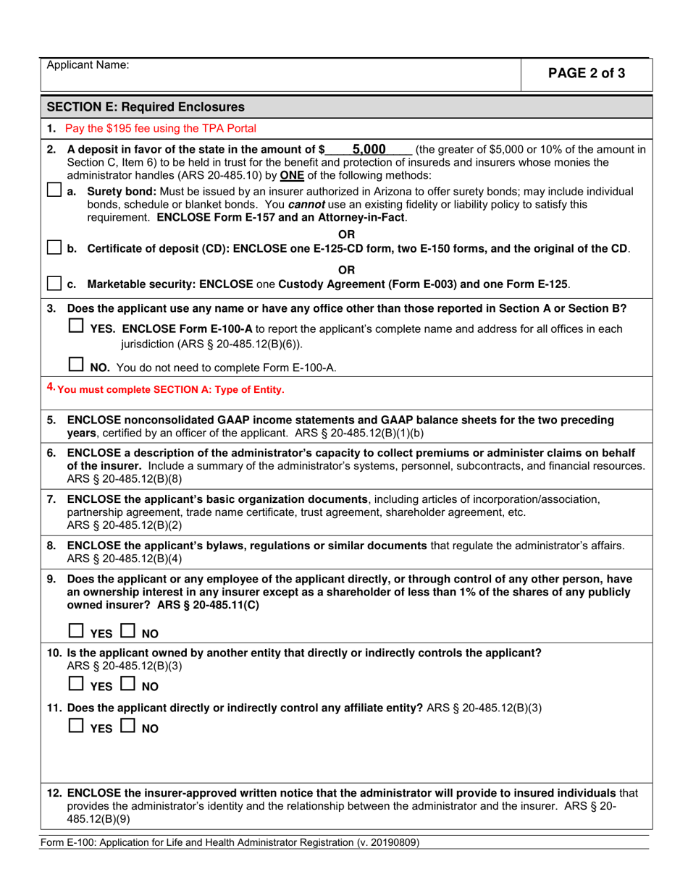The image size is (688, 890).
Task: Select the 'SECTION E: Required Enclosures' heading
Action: [146, 108]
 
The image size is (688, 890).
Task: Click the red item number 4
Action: [51, 388]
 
